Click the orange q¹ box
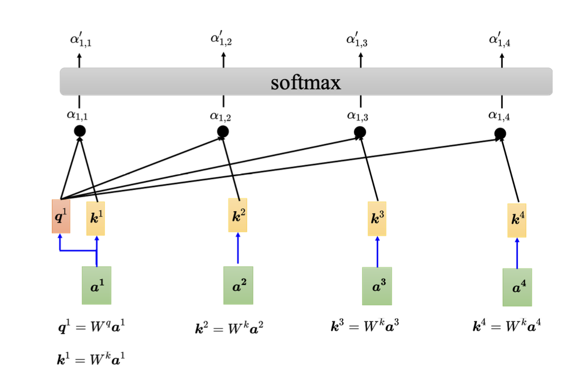(x=61, y=216)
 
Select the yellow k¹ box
(x=95, y=218)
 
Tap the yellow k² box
(x=238, y=215)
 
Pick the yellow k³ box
(x=377, y=218)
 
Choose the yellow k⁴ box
(x=517, y=220)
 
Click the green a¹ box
(x=96, y=285)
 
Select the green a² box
(x=238, y=285)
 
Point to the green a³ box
(x=377, y=286)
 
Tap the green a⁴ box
(x=517, y=287)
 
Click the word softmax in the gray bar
(x=306, y=82)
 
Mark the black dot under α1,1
(x=79, y=131)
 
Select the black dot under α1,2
(x=222, y=132)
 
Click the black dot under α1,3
(x=360, y=133)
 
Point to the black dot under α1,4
(x=500, y=134)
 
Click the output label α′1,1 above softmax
(x=80, y=40)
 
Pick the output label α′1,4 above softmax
(x=500, y=40)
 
